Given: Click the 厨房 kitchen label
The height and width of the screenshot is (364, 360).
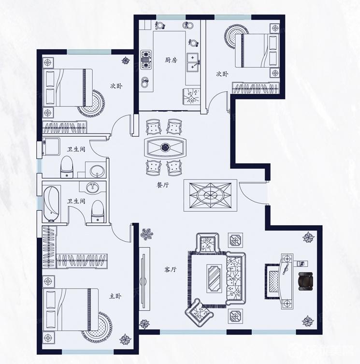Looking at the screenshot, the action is pyautogui.click(x=171, y=60).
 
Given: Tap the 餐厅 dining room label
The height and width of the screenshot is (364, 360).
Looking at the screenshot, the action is pyautogui.click(x=162, y=185).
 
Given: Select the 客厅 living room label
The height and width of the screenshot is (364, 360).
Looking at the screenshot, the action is pyautogui.click(x=170, y=269).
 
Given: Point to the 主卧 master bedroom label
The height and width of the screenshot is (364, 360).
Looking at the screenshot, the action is pyautogui.click(x=115, y=296).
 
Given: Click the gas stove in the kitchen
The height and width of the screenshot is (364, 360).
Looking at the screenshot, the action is pyautogui.click(x=146, y=59).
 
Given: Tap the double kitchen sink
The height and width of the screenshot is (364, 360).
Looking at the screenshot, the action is pyautogui.click(x=193, y=61).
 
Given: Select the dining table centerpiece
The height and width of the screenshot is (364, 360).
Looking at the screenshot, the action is pyautogui.click(x=165, y=147).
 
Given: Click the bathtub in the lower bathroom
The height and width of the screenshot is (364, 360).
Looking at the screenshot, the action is pyautogui.click(x=51, y=204).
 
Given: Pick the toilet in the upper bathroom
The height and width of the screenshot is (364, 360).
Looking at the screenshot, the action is pyautogui.click(x=67, y=167).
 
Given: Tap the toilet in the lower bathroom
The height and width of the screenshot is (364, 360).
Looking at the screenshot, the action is pyautogui.click(x=98, y=212).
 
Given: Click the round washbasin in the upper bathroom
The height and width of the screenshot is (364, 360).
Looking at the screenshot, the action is pyautogui.click(x=97, y=171).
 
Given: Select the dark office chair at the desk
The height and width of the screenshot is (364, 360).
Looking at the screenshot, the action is pyautogui.click(x=305, y=281).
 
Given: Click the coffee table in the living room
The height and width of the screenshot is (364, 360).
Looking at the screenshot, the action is pyautogui.click(x=214, y=278).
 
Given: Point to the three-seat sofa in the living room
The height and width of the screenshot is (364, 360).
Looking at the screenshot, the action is pyautogui.click(x=236, y=278).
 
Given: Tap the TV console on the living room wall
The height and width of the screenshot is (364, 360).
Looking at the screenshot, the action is pyautogui.click(x=144, y=277).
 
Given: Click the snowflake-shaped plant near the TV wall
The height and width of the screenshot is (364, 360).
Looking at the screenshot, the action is pyautogui.click(x=147, y=233).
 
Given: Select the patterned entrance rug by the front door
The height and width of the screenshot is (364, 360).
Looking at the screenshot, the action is pyautogui.click(x=210, y=195).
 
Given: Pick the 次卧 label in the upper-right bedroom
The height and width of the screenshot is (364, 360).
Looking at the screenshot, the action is pyautogui.click(x=222, y=74).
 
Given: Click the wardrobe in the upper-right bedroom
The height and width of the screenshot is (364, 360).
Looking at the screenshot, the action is pyautogui.click(x=256, y=88).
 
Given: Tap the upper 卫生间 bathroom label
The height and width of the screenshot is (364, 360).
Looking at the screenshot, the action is pyautogui.click(x=76, y=149).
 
